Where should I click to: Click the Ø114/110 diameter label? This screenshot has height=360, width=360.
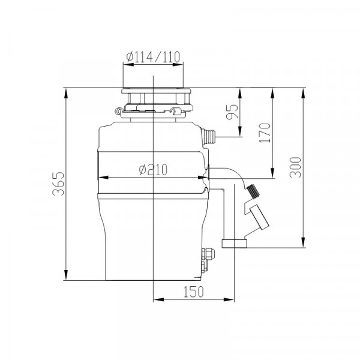click(x=153, y=56)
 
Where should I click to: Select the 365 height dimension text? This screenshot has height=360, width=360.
click(x=58, y=184)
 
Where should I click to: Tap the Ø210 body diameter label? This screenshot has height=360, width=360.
click(x=154, y=170)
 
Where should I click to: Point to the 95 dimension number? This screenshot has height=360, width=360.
click(x=232, y=112)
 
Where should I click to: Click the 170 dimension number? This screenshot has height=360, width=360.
click(x=265, y=133)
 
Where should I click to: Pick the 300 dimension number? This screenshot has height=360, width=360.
click(x=295, y=167)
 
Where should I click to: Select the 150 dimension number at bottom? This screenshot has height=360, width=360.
click(x=193, y=292)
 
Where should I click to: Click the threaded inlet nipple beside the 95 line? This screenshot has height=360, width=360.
click(x=208, y=136)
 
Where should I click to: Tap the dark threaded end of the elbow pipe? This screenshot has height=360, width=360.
click(x=253, y=191)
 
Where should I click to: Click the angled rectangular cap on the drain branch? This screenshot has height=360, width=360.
click(x=259, y=217)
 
